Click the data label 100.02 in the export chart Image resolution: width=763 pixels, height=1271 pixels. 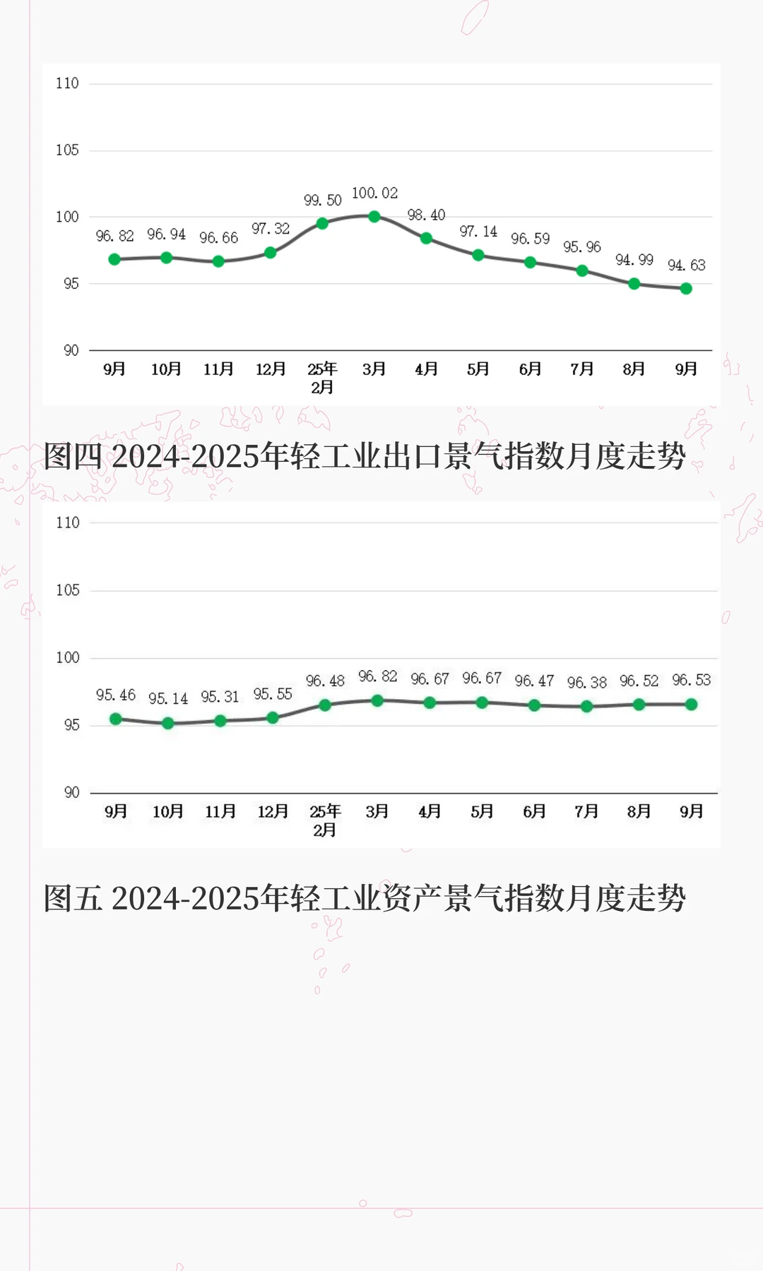tap(374, 193)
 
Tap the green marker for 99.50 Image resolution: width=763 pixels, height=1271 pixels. tap(322, 223)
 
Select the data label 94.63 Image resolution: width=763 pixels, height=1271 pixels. tap(686, 265)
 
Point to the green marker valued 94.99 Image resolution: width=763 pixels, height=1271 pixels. tap(634, 284)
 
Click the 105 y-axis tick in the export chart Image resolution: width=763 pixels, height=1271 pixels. tap(67, 150)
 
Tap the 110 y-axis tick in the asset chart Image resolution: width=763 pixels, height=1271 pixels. tap(67, 523)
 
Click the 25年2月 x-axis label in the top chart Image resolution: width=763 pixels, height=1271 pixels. tap(322, 378)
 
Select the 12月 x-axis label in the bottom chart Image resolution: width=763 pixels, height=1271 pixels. tap(273, 812)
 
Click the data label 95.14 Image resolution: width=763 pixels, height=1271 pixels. tap(168, 699)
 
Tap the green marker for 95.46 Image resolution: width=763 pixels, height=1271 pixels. tap(116, 719)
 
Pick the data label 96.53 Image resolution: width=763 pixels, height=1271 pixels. tap(691, 680)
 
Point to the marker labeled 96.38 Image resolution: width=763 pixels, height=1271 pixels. tap(586, 706)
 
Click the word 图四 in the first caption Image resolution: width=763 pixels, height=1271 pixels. tap(73, 456)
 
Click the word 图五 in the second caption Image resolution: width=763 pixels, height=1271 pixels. tap(73, 898)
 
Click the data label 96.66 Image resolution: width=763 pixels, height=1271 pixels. tap(218, 238)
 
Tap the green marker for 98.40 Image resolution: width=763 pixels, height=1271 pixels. tap(426, 238)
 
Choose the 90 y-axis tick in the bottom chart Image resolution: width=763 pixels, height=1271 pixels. tap(71, 792)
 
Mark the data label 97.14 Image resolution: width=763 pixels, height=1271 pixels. tap(478, 232)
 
